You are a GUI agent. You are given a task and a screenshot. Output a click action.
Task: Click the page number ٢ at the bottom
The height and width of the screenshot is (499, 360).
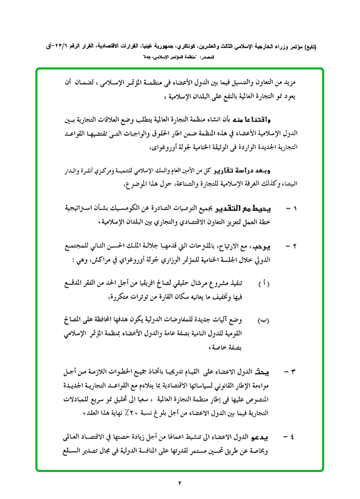pos(180,483)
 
